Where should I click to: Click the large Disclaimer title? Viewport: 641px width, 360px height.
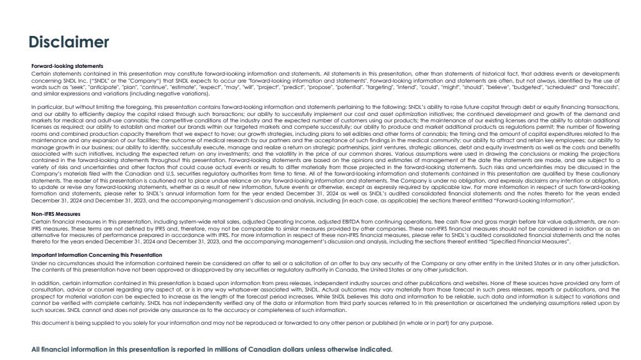pos(69,42)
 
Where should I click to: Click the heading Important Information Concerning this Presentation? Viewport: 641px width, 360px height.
pos(97,255)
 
